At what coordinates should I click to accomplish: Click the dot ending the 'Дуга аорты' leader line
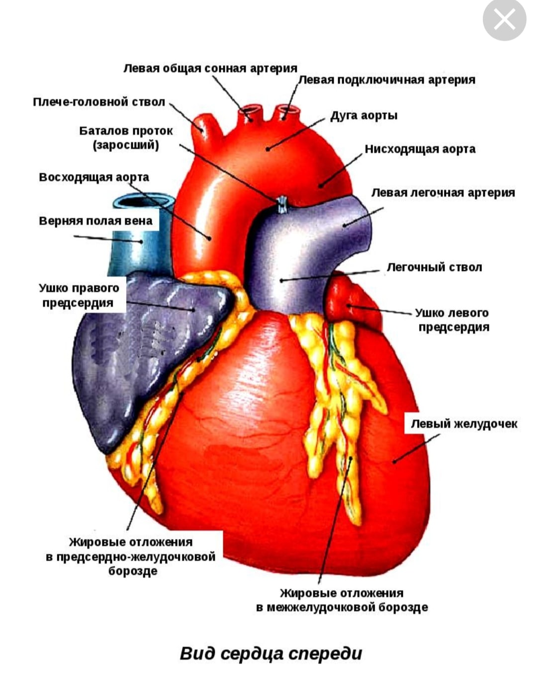point(268,149)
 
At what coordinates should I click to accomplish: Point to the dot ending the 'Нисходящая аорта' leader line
point(321,186)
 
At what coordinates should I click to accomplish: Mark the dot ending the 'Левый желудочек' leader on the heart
point(394,461)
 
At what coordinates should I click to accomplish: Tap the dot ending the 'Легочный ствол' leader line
point(281,280)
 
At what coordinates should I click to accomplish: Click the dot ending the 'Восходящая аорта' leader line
point(209,239)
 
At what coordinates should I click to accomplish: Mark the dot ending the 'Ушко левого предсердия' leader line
point(348,306)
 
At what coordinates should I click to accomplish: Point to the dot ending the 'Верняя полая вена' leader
point(141,242)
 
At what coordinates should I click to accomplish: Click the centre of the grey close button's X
point(504,19)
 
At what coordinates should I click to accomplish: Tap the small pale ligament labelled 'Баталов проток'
point(282,205)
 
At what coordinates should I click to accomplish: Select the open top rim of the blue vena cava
point(143,202)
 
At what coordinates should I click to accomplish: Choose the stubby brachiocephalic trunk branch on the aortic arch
point(206,128)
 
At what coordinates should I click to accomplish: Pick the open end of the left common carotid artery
point(250,110)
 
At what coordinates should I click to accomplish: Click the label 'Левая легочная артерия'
point(443,193)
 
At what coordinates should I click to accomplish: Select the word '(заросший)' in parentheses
point(126,145)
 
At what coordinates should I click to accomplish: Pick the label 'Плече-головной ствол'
point(99,102)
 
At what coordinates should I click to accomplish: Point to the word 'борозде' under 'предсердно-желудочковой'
point(133,571)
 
